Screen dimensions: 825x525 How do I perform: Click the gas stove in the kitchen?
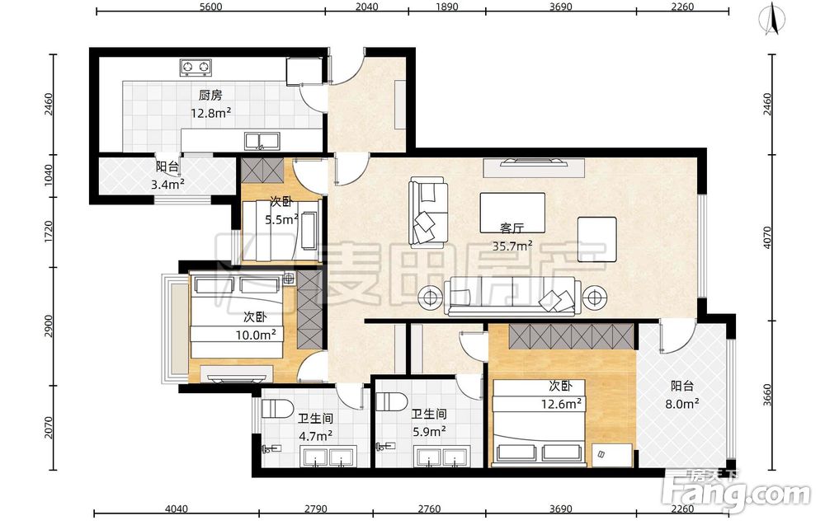click(x=196, y=68)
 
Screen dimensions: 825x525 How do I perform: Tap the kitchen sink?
click(x=262, y=141)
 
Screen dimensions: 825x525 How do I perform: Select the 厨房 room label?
click(x=210, y=95)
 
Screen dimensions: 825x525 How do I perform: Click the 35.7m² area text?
click(x=512, y=246)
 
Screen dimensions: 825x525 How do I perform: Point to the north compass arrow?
click(x=772, y=19)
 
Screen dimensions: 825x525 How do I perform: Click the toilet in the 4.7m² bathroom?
click(x=278, y=408)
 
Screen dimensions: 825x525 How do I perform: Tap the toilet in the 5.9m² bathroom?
click(x=391, y=402)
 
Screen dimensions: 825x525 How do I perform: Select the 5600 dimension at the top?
click(x=211, y=7)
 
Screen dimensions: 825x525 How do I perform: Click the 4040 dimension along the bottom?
click(x=177, y=509)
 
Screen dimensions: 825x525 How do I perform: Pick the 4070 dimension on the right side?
click(x=766, y=237)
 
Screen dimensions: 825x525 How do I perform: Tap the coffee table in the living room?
click(x=512, y=213)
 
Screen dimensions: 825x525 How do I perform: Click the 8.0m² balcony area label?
click(x=682, y=404)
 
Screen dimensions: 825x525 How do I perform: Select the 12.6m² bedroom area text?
click(x=561, y=404)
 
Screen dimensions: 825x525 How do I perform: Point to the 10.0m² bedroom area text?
click(x=257, y=335)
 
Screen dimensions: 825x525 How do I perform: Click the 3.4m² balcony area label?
click(x=167, y=184)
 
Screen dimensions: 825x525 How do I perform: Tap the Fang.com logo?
click(x=737, y=492)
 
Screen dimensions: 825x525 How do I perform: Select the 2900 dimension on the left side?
click(x=49, y=326)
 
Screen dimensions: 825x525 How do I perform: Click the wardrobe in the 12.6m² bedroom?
click(x=572, y=336)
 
